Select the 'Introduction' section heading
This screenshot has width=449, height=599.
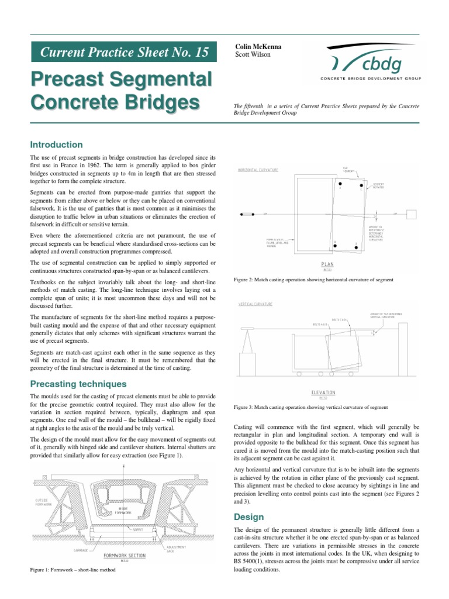point(57,144)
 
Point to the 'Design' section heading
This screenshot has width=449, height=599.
point(249,517)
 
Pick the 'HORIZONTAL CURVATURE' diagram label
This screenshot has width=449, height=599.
point(258,170)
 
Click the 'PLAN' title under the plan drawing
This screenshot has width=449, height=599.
point(327,264)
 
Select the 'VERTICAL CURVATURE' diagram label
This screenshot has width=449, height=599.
point(255,305)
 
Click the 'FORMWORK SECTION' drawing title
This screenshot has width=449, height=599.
point(124,555)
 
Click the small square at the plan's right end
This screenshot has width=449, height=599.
point(412,214)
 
